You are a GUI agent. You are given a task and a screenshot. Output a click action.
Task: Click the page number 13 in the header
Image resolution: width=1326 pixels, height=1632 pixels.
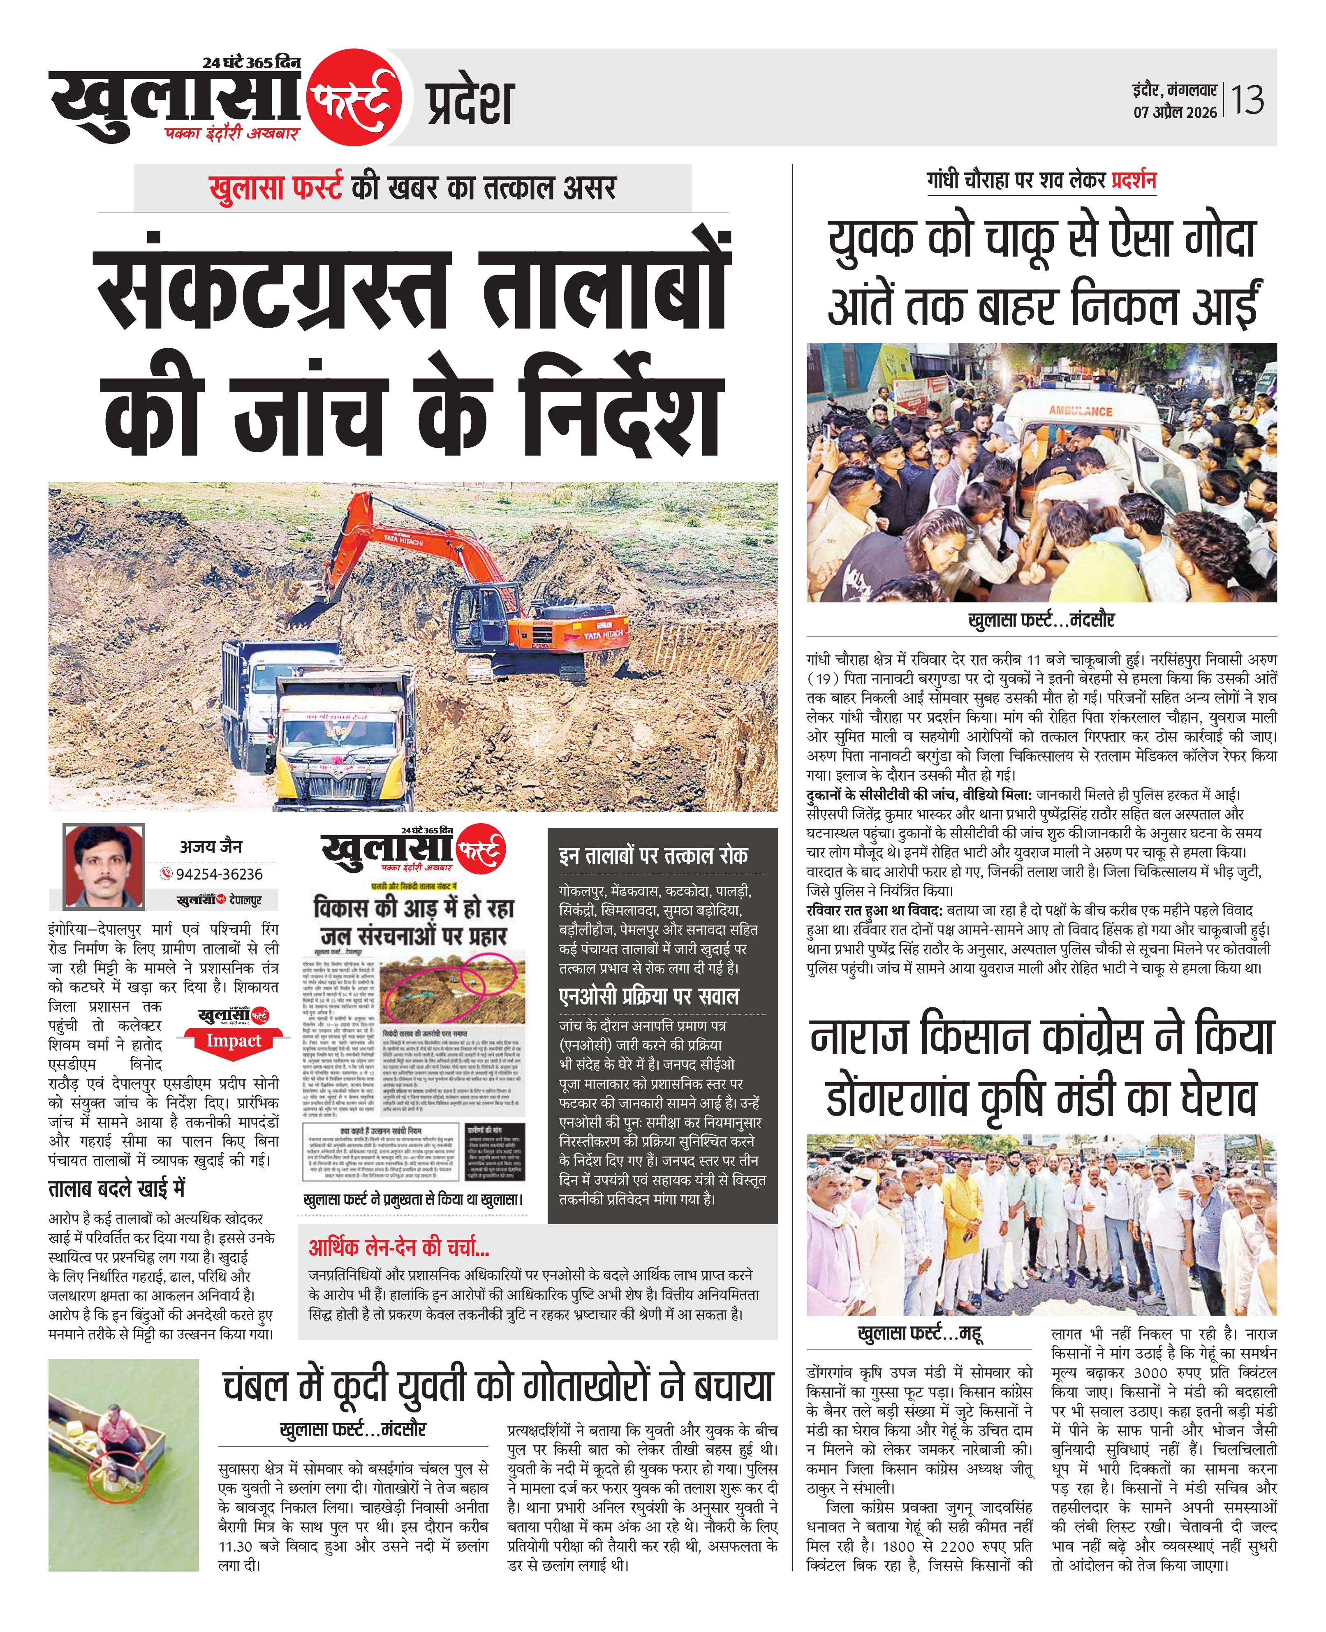click(x=1247, y=100)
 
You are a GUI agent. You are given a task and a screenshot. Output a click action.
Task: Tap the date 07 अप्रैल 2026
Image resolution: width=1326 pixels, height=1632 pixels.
click(x=1175, y=112)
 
